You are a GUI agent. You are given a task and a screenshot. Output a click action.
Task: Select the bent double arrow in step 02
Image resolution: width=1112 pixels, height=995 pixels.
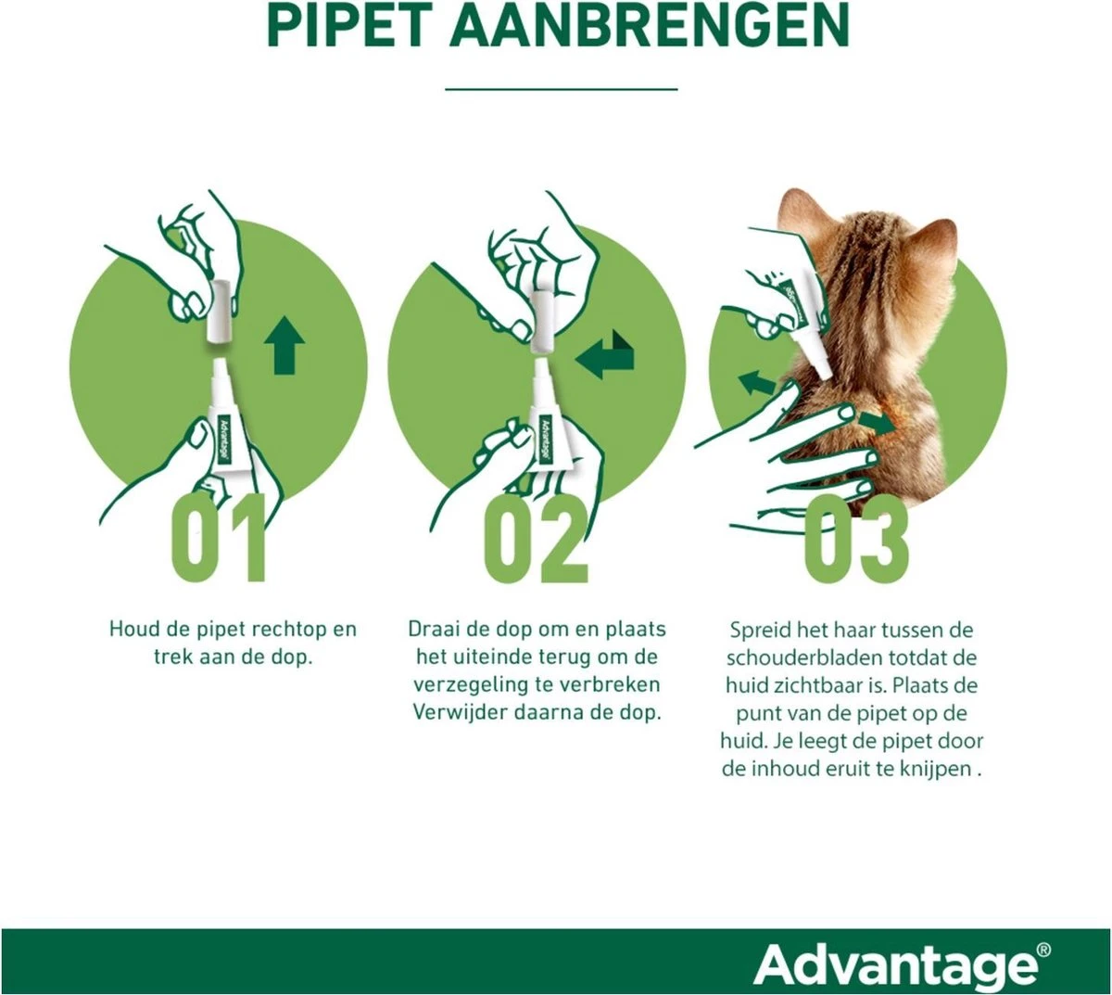(x=603, y=356)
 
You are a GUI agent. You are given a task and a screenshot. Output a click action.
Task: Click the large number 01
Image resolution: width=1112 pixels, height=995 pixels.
(x=220, y=539)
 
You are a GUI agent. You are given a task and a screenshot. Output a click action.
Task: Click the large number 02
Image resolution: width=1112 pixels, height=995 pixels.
(x=537, y=539)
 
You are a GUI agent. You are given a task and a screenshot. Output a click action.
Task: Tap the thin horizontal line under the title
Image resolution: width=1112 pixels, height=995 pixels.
(x=562, y=89)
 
